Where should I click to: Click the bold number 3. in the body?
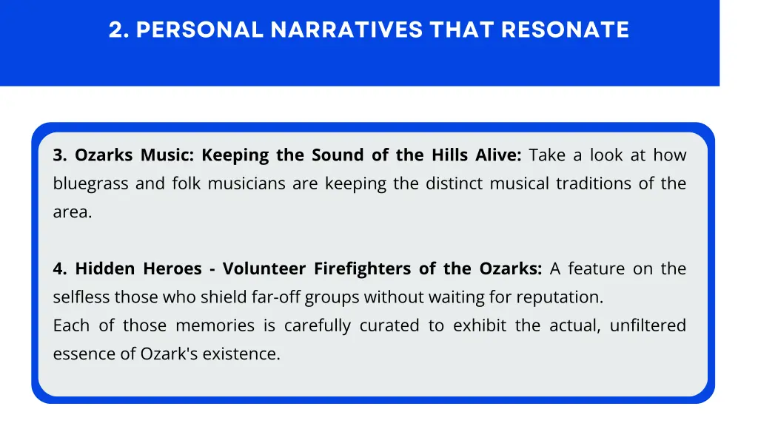[61, 155]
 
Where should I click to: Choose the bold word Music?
[167, 155]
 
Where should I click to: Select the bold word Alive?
[500, 155]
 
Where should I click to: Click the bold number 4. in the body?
[61, 269]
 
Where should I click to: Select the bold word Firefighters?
[363, 269]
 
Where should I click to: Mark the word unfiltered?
[648, 326]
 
